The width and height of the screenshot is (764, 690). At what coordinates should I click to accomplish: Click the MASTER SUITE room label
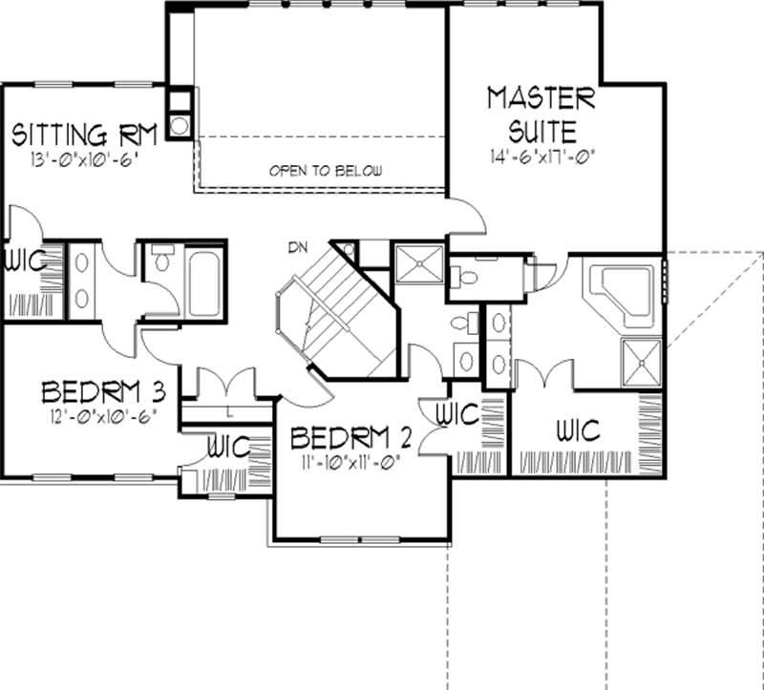click(x=541, y=113)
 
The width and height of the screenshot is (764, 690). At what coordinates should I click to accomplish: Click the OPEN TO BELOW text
click(x=326, y=172)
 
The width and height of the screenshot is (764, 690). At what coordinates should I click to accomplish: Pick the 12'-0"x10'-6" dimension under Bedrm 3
click(x=98, y=415)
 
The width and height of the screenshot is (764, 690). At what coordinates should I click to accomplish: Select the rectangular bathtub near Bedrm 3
click(x=205, y=282)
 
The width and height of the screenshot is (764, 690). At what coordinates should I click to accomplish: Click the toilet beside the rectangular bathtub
click(x=159, y=260)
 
